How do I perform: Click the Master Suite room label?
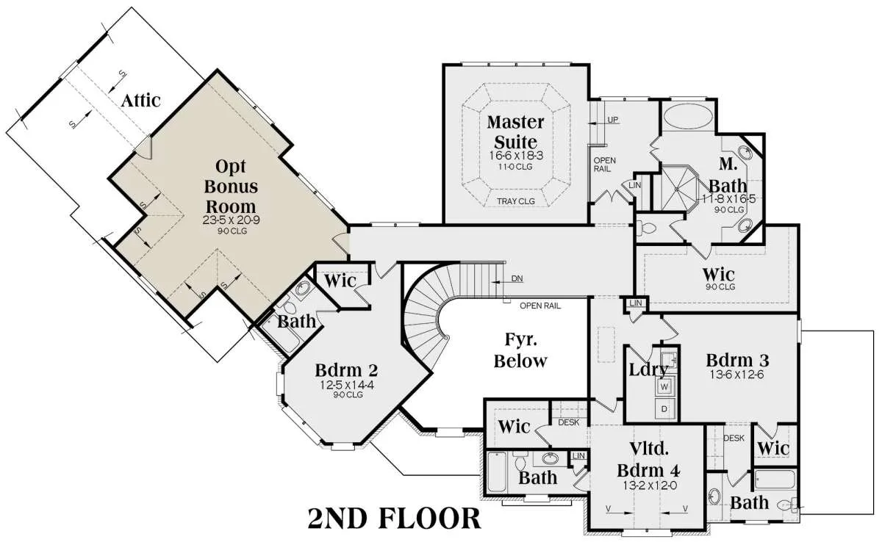point(515,131)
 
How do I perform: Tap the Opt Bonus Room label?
point(231,186)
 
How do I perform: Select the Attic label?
point(140,101)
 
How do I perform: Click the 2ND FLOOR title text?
point(394,519)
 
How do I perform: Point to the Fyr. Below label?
point(520,350)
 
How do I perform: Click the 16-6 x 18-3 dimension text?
point(516,156)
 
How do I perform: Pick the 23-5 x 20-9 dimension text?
point(231,220)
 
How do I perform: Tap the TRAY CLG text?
point(516,201)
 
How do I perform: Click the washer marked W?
point(664,386)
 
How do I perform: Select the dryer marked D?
point(664,409)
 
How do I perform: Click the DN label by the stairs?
point(517,278)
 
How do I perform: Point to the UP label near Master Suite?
point(613,120)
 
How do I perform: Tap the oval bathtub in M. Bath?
point(687,117)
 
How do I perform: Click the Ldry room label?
point(648,369)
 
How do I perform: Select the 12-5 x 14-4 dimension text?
point(346,384)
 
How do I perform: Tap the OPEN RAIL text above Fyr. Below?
point(540,306)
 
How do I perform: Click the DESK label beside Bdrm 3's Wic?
point(734,438)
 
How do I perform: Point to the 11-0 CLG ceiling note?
point(515,167)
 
